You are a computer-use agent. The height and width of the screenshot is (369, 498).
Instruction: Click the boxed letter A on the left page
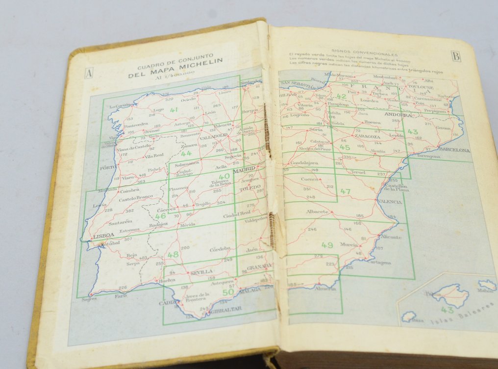[89, 74]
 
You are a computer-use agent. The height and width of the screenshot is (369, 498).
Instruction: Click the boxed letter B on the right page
[456, 56]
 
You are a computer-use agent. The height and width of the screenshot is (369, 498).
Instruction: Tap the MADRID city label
[244, 169]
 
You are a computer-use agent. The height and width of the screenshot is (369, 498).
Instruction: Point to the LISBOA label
[103, 236]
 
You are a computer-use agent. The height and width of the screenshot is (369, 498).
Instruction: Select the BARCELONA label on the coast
[454, 150]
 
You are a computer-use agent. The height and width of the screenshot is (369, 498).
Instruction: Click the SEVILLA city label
[201, 271]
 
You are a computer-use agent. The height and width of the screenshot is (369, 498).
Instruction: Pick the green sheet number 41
[174, 110]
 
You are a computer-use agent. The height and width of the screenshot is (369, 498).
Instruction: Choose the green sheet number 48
[173, 255]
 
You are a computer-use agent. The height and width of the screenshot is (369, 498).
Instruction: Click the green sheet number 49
[327, 245]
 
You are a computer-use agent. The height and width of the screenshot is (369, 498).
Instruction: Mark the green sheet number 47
[345, 191]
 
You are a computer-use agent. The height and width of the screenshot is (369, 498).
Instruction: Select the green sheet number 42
[341, 97]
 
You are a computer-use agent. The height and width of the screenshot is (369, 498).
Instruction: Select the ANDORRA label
[398, 115]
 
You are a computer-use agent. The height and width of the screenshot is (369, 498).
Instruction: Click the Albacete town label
[317, 211]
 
